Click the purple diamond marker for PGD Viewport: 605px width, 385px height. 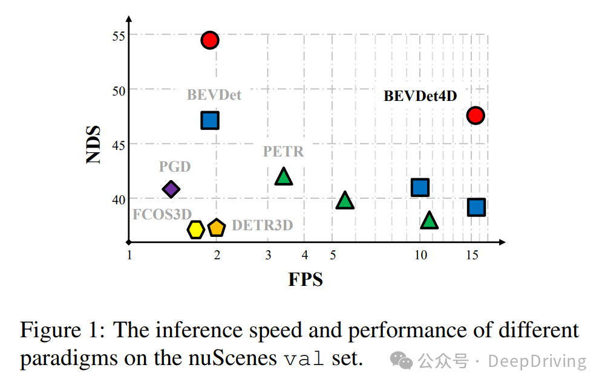coord(171,189)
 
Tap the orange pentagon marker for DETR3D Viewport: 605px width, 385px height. coord(217,228)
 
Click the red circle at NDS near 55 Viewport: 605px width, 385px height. coord(210,40)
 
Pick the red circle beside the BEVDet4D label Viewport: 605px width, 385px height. coord(476,115)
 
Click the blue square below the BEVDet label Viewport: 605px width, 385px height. coord(209,120)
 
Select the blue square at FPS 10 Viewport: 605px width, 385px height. coord(420,187)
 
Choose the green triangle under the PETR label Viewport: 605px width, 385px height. coord(283,176)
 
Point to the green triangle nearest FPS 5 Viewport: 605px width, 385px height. coord(345,201)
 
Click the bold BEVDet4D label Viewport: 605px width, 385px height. coord(420,96)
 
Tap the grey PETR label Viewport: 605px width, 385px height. coord(283,151)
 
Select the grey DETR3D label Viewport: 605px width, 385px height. coord(262,226)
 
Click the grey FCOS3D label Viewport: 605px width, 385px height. coord(162,214)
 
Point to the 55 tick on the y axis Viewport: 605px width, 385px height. coord(118,36)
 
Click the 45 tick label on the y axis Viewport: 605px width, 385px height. coord(118,145)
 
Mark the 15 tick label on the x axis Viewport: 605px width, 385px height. coord(473,256)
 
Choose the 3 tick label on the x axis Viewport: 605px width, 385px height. coord(269,256)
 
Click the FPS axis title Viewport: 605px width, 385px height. coord(306,280)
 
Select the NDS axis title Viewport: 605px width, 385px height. coord(93,144)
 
